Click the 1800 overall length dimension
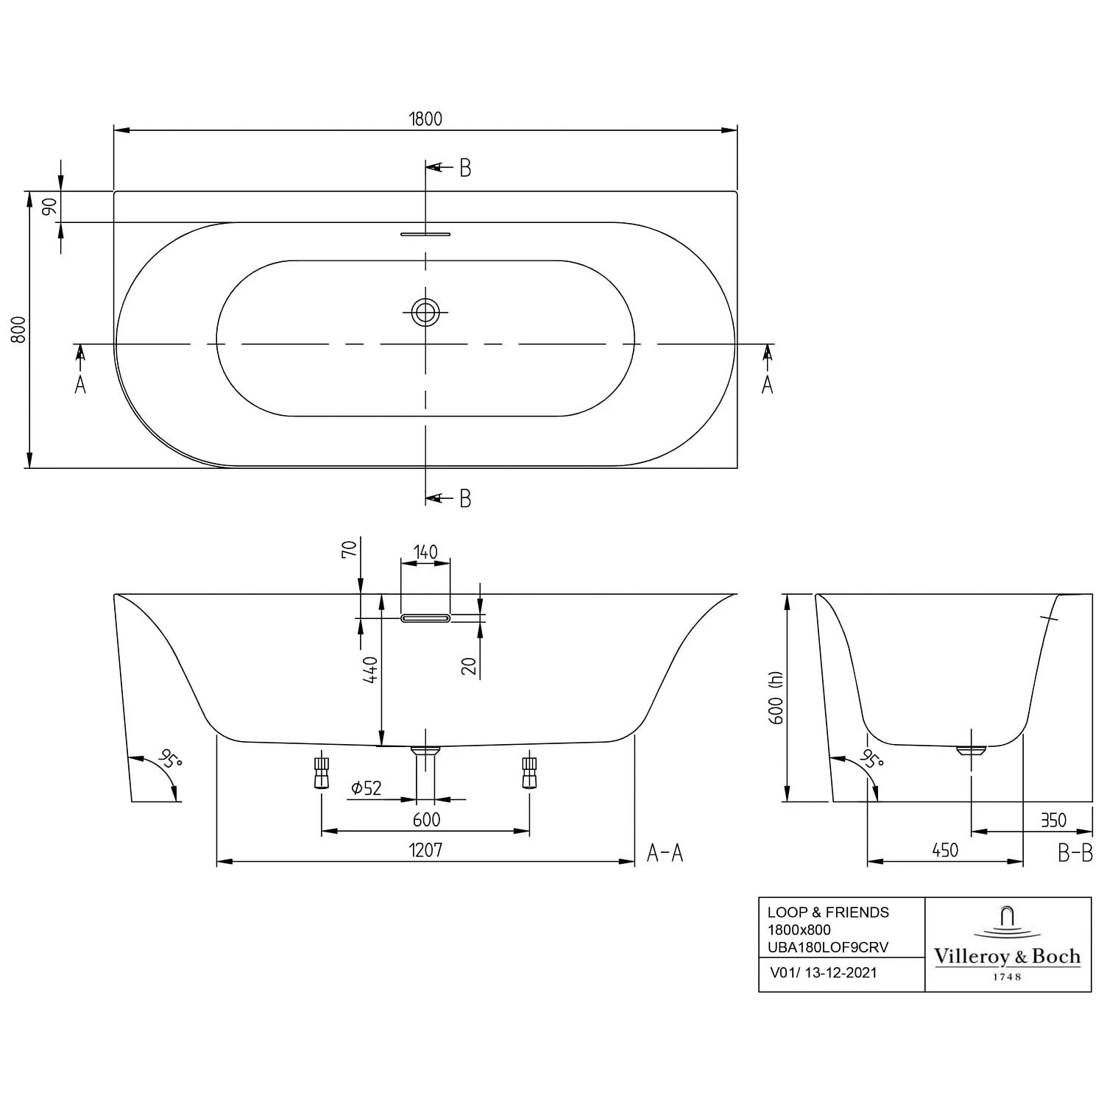(425, 118)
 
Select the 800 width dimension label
(18, 329)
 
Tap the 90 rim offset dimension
(49, 207)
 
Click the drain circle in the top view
(425, 312)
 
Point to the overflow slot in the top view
(425, 234)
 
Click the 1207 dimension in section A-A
(425, 850)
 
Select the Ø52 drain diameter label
(367, 788)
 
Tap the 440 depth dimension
(371, 670)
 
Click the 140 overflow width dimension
(425, 552)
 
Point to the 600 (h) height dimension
(776, 698)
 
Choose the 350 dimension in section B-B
(1053, 820)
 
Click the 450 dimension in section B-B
(945, 850)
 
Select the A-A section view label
(665, 853)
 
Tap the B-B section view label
(1075, 853)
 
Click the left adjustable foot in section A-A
(321, 773)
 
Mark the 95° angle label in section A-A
(169, 759)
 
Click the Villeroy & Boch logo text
(1007, 956)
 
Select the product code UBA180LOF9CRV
(828, 947)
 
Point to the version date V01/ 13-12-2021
(823, 973)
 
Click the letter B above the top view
(465, 168)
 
